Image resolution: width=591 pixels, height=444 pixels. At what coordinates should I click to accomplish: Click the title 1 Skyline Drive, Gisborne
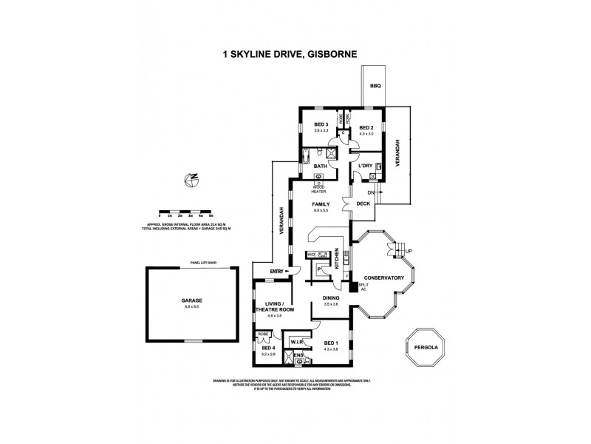click(x=295, y=53)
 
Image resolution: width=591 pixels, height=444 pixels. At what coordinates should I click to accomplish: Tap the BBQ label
click(x=375, y=87)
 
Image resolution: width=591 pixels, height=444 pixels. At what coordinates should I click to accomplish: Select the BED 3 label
click(x=321, y=124)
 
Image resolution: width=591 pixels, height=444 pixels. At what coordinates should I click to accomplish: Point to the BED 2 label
click(x=366, y=127)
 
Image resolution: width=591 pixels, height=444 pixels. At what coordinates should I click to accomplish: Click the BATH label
click(x=321, y=166)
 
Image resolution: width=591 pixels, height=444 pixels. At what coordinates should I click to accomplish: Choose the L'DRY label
click(x=364, y=166)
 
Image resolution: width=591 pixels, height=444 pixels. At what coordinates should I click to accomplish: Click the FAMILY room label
click(x=320, y=203)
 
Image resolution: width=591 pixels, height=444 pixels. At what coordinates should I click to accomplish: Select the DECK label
click(x=363, y=203)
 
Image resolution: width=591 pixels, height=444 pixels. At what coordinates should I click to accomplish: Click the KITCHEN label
click(x=338, y=257)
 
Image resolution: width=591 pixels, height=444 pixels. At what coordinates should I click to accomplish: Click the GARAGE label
click(x=192, y=300)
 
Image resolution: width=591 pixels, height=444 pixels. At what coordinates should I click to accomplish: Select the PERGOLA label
click(x=425, y=345)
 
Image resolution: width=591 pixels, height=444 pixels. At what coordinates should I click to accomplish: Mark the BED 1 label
click(x=331, y=343)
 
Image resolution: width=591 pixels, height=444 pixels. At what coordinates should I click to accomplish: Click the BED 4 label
click(x=267, y=349)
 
